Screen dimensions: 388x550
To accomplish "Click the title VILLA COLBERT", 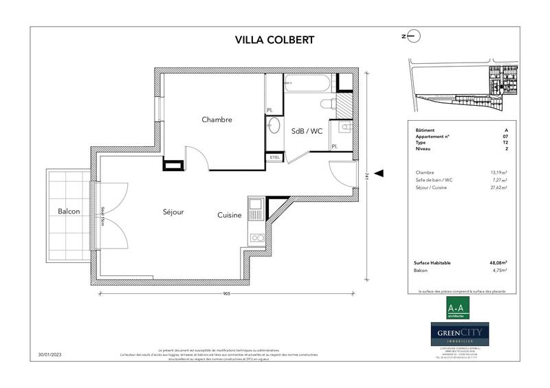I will point(274,39).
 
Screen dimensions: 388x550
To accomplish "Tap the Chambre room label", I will point(217,119).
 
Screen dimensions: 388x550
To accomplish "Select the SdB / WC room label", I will point(307,131).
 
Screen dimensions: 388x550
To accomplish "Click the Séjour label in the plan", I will point(173,212).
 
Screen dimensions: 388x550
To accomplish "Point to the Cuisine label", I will point(230,215).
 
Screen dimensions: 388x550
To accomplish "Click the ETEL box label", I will point(275,157).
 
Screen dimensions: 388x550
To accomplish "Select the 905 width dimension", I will point(227,293).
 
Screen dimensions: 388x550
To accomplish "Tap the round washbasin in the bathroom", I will point(274,126).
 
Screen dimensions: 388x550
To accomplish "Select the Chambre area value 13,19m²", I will point(498,172).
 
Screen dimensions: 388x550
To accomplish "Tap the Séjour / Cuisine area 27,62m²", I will point(498,187).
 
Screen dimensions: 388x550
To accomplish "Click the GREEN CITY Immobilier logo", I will point(460,335).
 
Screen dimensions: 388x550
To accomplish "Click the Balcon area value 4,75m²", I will point(499,271).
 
